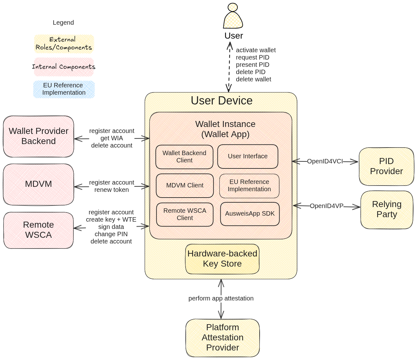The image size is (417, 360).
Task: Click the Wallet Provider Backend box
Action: (38, 136)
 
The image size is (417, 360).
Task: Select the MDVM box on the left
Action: (38, 184)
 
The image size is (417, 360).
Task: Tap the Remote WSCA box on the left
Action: (38, 230)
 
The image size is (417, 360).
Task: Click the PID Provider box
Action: (386, 167)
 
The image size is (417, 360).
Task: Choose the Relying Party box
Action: (387, 210)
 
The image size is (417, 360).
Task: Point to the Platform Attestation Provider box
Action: (222, 338)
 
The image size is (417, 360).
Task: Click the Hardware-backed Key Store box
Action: (222, 259)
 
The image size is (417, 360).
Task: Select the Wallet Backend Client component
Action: (184, 157)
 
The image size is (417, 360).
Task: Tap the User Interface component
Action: (248, 156)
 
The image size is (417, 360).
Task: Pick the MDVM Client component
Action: (185, 186)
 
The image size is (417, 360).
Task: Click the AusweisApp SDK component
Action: (250, 214)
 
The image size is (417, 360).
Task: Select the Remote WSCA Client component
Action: (185, 214)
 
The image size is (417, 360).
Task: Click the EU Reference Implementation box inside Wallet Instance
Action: (249, 186)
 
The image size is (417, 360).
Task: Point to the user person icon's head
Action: (233, 7)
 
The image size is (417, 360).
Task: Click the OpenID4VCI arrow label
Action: (325, 161)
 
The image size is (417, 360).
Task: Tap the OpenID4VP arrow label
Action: (326, 206)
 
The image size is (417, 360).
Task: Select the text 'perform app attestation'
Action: (221, 299)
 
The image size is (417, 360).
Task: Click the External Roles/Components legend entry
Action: (64, 44)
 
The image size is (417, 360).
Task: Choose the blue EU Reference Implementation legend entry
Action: (64, 89)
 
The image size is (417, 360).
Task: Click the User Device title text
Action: (222, 101)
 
